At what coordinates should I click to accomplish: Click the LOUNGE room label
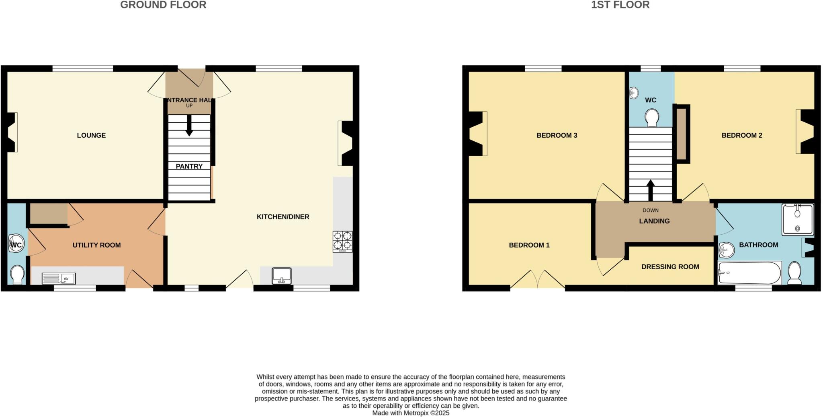pos(91,135)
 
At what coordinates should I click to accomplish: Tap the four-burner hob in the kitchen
pos(342,241)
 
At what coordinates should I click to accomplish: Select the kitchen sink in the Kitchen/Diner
pos(281,275)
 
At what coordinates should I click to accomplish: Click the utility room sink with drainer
pos(59,278)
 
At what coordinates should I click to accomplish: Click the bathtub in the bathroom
pos(749,273)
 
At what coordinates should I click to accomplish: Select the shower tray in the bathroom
pos(797,219)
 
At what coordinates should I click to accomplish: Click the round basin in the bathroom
pos(726,250)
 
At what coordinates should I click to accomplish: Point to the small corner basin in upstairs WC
pos(634,93)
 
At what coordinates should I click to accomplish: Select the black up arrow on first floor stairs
pos(650,190)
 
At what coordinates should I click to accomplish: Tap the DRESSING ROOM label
pos(670,266)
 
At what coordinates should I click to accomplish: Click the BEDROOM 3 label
pos(557,135)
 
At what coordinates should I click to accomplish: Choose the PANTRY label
pos(189,166)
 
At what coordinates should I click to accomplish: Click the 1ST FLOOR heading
pos(620,5)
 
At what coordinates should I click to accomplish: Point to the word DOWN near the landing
pos(650,210)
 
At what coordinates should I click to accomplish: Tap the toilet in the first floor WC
pos(651,118)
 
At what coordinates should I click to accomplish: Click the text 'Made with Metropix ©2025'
pos(411,413)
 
